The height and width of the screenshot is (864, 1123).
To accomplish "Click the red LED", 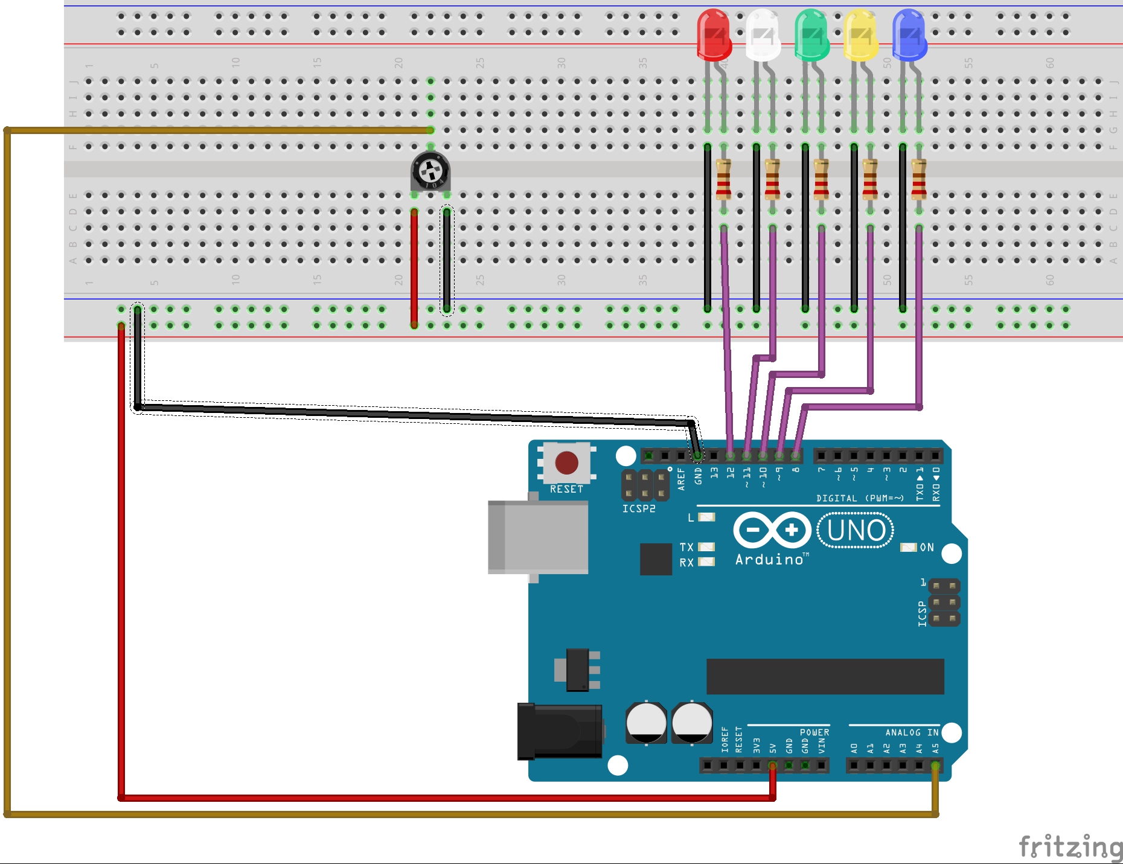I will [714, 35].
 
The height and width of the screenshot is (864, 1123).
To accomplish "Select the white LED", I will [763, 35].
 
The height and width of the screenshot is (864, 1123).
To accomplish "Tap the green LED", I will [811, 35].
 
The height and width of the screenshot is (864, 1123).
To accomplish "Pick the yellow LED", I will [860, 35].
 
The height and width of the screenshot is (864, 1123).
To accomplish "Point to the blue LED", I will [909, 35].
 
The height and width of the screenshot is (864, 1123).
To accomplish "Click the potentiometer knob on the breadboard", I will [430, 171].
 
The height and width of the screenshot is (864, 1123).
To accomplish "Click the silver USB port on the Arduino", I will [539, 537].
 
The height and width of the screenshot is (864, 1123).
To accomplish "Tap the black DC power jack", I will [560, 731].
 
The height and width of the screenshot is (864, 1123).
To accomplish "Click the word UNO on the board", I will [856, 531].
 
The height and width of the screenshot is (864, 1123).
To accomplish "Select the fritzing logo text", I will [1070, 846].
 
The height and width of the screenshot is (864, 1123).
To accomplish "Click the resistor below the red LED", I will [723, 179].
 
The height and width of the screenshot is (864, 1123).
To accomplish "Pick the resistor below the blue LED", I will [918, 179].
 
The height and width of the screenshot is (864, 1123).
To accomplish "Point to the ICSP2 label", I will [639, 509].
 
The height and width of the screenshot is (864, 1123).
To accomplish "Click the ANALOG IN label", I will [912, 732].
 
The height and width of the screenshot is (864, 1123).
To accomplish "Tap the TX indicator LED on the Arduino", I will [706, 547].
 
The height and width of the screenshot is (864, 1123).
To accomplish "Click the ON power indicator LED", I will [908, 547].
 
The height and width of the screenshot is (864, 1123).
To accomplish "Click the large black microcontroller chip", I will [825, 676].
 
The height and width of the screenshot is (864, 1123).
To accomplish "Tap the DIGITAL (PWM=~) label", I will [860, 498].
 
